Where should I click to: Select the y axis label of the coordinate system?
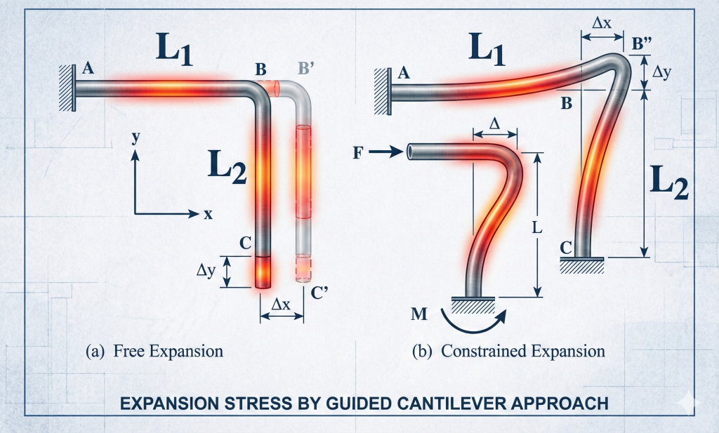(135, 139)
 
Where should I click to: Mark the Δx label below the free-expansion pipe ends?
(282, 304)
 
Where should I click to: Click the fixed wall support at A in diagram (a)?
(67, 88)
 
